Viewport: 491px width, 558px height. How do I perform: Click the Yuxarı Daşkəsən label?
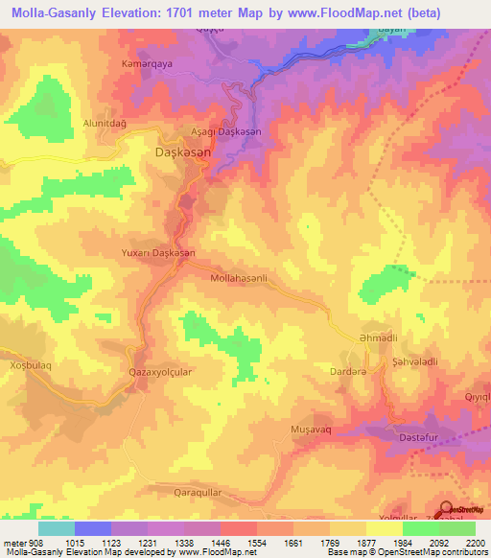[158, 253]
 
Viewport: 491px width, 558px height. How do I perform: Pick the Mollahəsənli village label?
[245, 278]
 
